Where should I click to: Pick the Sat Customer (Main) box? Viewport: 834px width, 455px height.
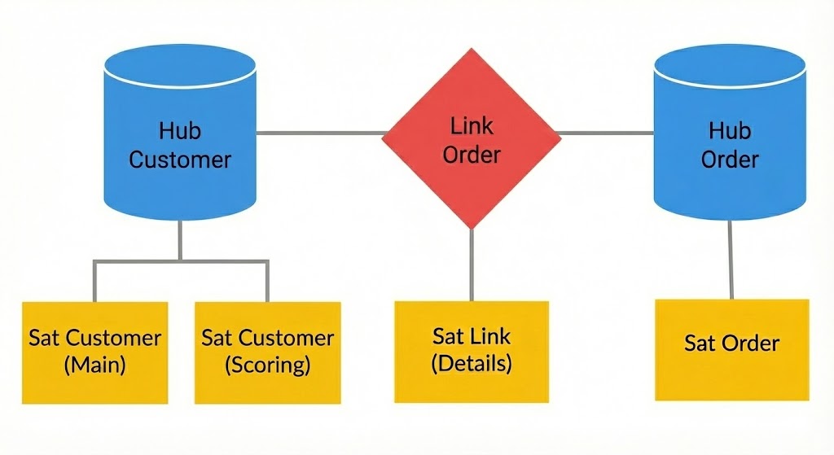[94, 352]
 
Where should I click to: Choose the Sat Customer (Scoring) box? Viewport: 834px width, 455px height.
[267, 352]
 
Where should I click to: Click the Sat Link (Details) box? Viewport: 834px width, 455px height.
[472, 350]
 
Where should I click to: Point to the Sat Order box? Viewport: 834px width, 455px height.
[731, 348]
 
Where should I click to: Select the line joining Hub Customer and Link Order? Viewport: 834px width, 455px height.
[322, 133]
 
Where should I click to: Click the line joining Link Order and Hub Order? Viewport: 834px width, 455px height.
[607, 133]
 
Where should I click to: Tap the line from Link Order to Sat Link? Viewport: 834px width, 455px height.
[472, 265]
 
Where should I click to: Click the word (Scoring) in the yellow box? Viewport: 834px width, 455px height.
[267, 365]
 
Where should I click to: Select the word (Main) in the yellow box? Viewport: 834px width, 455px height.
[94, 365]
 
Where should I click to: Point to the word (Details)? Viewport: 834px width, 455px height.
[472, 363]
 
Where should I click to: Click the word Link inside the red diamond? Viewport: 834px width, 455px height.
[472, 126]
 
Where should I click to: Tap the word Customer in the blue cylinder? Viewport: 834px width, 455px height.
[180, 159]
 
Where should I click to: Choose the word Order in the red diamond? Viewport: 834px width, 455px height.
[472, 154]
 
